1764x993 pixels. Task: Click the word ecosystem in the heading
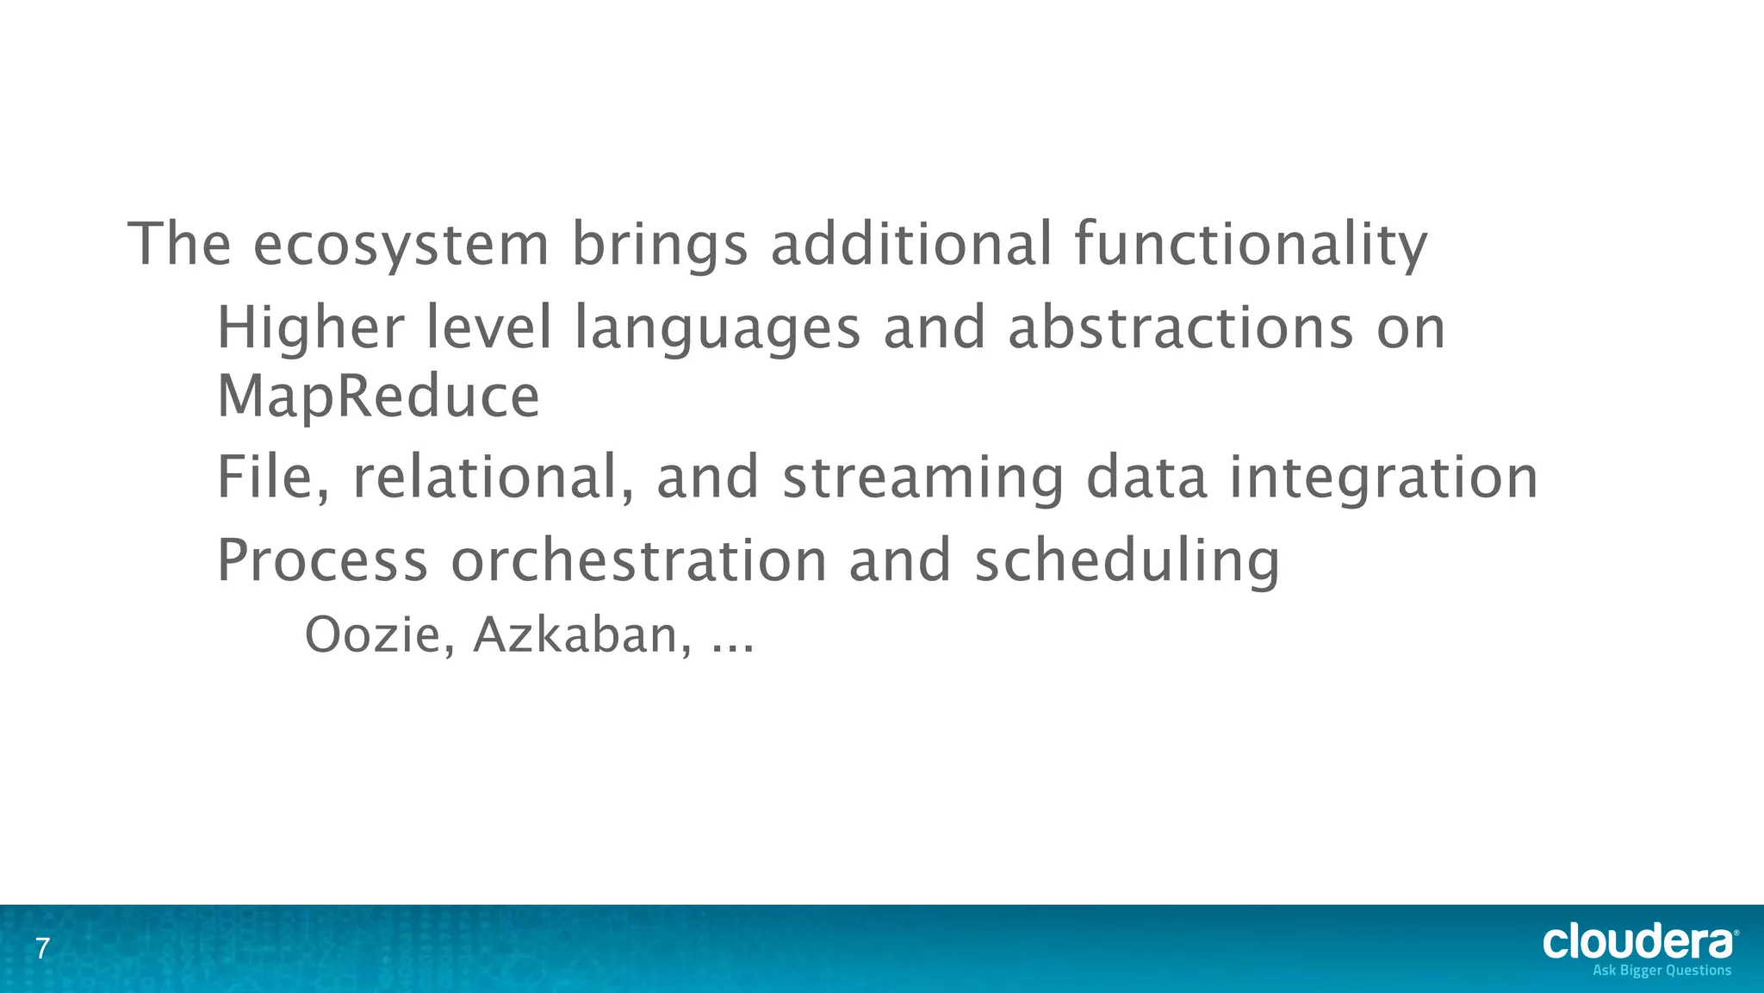(401, 245)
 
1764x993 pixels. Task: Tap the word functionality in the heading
(1251, 245)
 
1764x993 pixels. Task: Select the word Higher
(310, 328)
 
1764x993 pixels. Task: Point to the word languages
(717, 328)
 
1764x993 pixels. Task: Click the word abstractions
(1180, 328)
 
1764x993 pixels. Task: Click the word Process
(322, 560)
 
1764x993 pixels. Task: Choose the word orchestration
(638, 560)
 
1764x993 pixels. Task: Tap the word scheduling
(1127, 560)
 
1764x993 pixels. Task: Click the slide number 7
(42, 950)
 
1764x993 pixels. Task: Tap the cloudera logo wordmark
(1638, 942)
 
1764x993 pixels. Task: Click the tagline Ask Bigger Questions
(1662, 971)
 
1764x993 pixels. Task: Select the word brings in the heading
(660, 245)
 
